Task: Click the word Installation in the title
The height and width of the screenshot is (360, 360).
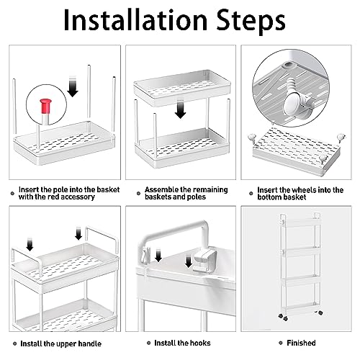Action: click(135, 19)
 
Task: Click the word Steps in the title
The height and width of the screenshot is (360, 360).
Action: click(251, 22)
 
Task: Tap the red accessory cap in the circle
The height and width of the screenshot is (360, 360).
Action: click(45, 106)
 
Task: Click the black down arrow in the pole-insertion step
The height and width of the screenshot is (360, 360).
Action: click(73, 87)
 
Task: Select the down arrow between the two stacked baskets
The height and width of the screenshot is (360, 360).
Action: click(181, 109)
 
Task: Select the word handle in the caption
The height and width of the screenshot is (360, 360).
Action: click(89, 343)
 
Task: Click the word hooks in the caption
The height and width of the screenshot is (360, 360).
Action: click(199, 343)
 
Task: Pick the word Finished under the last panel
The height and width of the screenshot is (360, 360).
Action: click(301, 343)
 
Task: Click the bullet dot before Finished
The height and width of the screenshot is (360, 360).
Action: click(281, 343)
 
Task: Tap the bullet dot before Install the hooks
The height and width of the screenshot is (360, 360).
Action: click(149, 343)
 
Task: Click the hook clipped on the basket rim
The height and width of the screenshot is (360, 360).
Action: click(204, 261)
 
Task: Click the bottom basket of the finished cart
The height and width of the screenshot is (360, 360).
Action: click(300, 307)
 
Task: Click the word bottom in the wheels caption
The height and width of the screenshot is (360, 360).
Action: click(269, 197)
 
